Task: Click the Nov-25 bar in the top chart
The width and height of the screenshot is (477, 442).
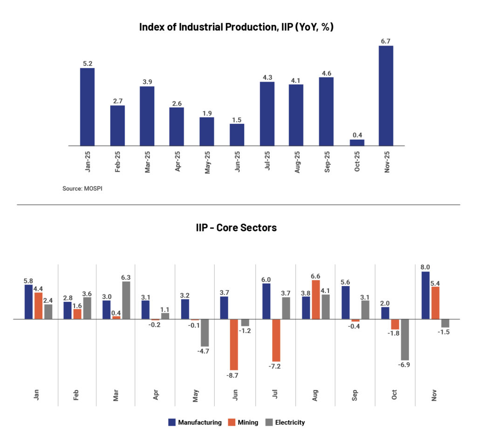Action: [x=386, y=95]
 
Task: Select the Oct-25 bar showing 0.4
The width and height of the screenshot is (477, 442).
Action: [x=357, y=143]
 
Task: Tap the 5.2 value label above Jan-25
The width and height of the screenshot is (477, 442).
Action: [x=87, y=63]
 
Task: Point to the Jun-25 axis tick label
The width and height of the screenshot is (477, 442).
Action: [x=237, y=161]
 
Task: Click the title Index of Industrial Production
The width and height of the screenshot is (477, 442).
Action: [x=236, y=27]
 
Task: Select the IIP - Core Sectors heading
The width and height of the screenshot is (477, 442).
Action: [x=236, y=228]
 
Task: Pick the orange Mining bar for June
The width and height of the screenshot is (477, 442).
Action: [x=233, y=344]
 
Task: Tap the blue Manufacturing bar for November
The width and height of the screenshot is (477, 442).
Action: [x=425, y=295]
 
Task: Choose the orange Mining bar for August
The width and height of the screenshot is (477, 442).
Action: [x=315, y=299]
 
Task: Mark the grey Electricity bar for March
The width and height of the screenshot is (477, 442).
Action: [x=126, y=300]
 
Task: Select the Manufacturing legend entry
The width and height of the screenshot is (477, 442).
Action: [x=195, y=422]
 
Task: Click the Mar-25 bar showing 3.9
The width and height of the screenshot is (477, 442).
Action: [x=147, y=116]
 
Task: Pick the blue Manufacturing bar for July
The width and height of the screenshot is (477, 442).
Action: [x=266, y=301]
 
